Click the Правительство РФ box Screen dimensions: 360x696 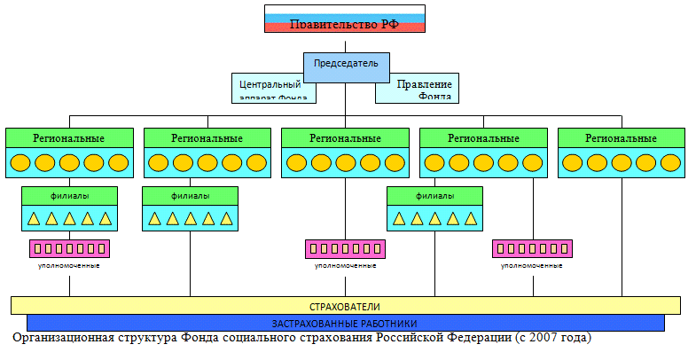coord(346,20)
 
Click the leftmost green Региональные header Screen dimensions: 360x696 coord(69,138)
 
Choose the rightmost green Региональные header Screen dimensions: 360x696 coord(622,138)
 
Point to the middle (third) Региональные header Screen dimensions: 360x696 coord(345,138)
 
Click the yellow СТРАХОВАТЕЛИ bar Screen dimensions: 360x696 coord(345,306)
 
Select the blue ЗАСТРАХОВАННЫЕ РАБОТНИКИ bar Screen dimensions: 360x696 coord(345,323)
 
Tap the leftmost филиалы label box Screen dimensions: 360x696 coord(68,195)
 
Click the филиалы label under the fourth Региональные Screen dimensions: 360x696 coord(434,195)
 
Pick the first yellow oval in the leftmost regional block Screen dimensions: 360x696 coord(21,163)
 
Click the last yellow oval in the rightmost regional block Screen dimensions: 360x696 coord(670,163)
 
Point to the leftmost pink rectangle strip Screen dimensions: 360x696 coord(68,248)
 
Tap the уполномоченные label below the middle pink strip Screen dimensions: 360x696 coord(345,265)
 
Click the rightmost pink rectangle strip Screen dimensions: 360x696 coord(532,248)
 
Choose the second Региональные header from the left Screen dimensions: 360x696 coord(207,138)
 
